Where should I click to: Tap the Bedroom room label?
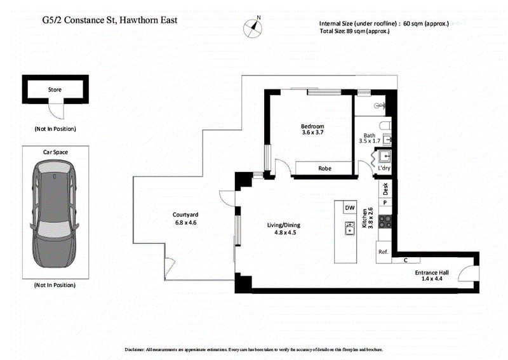312,126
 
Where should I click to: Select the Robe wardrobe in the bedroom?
324,169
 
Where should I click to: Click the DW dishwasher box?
349,208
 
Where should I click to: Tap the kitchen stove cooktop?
385,222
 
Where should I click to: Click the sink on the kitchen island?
349,227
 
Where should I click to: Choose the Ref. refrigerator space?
383,252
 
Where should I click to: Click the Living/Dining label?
283,225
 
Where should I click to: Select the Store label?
55,90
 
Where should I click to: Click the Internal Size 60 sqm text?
384,23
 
